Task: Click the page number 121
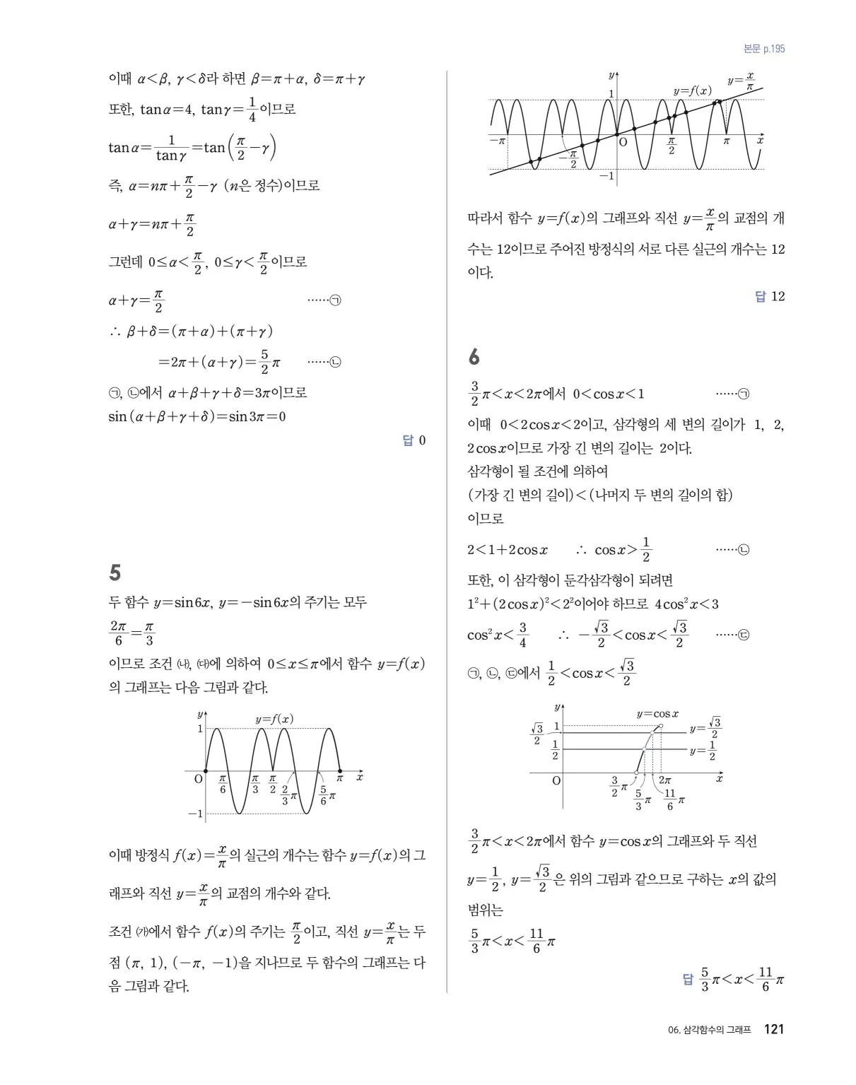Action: [x=774, y=1029]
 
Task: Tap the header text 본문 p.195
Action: [x=764, y=49]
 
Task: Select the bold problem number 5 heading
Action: [x=115, y=572]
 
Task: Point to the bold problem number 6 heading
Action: [x=474, y=357]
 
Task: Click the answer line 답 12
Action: [x=770, y=297]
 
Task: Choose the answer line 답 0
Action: [x=414, y=441]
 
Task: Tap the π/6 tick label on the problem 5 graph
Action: [x=222, y=784]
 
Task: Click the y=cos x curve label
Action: [x=657, y=714]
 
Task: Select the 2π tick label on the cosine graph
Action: [x=664, y=780]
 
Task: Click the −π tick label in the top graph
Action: [x=498, y=141]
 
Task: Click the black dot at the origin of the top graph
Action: [x=617, y=134]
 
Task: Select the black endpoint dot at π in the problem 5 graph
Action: [x=340, y=771]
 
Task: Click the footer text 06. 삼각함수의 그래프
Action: [x=709, y=1030]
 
